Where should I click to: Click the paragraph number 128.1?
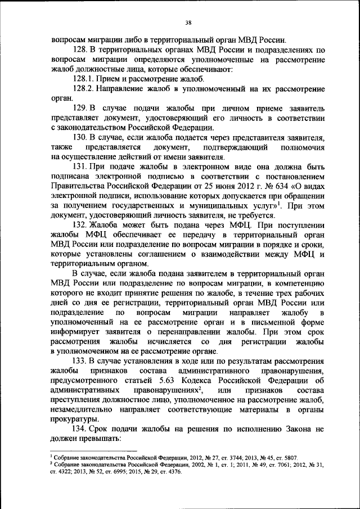(84, 79)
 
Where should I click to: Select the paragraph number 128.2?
(84, 89)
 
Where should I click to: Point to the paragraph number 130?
(79, 137)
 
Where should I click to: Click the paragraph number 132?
(79, 225)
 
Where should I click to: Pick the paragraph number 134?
(79, 430)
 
